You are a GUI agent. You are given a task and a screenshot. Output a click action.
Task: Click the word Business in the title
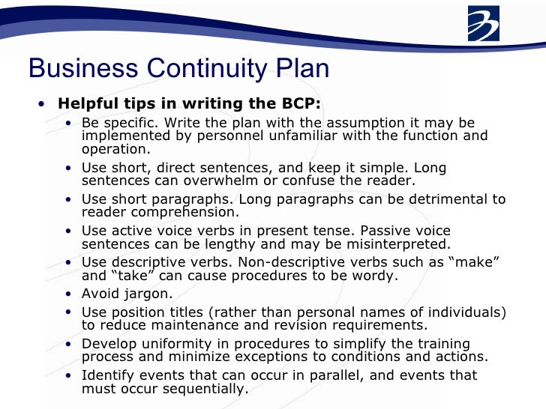coord(84,69)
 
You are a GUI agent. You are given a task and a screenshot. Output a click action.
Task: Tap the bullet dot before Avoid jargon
coord(70,294)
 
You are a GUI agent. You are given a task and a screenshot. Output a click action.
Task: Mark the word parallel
coord(314,375)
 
